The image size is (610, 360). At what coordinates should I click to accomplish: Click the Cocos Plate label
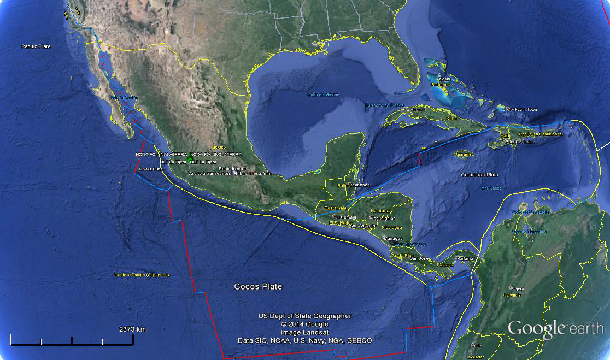[258, 286]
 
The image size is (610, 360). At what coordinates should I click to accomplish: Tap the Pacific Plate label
[36, 46]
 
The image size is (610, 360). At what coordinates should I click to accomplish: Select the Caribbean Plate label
[479, 175]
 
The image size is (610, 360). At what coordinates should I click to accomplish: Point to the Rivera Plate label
[151, 169]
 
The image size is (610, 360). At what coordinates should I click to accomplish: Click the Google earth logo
[555, 328]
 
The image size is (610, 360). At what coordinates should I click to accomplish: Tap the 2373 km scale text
[132, 329]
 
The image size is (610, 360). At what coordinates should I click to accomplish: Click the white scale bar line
[72, 344]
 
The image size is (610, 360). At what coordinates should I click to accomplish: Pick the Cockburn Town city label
[522, 110]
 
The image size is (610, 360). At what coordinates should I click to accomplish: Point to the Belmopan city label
[359, 185]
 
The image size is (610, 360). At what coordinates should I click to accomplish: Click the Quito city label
[477, 346]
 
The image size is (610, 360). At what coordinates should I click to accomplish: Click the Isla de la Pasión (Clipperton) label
[141, 274]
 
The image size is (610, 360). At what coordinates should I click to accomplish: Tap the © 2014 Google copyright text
[305, 324]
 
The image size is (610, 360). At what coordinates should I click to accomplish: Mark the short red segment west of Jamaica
[419, 160]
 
